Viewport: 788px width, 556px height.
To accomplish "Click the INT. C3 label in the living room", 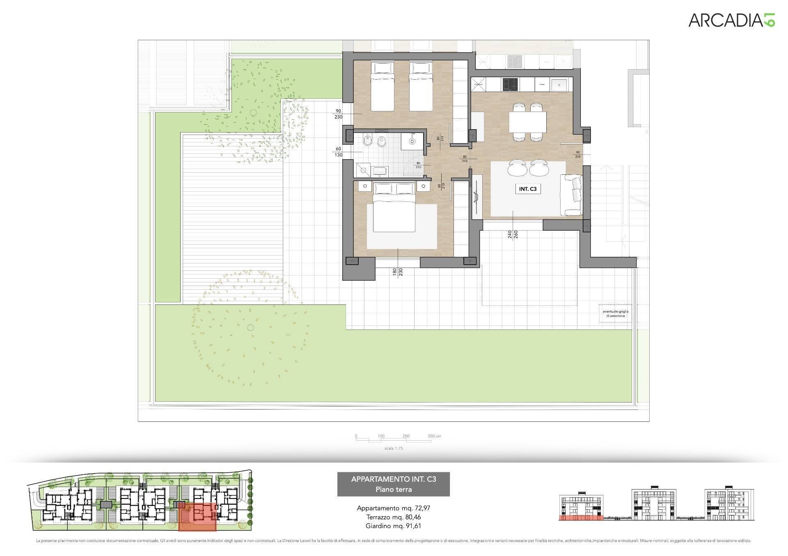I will coord(527,189).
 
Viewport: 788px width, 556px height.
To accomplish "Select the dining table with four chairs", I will coord(527,122).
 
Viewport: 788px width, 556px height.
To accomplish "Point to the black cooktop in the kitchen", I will coord(510,85).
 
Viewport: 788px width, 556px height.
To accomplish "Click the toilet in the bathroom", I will coord(368,142).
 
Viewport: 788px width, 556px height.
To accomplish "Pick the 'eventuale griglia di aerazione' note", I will coord(615,313).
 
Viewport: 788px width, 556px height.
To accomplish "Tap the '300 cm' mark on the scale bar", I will coord(434,436).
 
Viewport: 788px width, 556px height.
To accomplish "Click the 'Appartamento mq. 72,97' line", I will coord(394,508).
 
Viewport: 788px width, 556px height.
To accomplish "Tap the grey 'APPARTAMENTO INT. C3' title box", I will coord(394,484).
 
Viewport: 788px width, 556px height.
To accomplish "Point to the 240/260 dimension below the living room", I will coord(513,234).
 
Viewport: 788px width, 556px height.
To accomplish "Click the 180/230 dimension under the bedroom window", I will coord(398,272).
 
